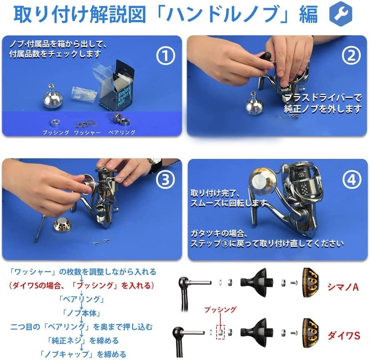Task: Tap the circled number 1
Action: point(165,56)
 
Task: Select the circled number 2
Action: point(351,56)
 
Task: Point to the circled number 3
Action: point(165,180)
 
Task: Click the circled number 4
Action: point(352,180)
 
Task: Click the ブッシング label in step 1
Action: point(56,133)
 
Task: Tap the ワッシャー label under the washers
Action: point(87,133)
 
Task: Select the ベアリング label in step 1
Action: point(122,133)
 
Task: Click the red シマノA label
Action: point(343,287)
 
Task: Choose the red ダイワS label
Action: point(344,335)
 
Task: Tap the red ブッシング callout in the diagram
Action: point(220,309)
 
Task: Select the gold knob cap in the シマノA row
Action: point(311,282)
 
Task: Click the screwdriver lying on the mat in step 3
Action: point(39,229)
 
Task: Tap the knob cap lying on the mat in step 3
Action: point(62,225)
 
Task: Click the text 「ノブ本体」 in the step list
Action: point(82,313)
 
